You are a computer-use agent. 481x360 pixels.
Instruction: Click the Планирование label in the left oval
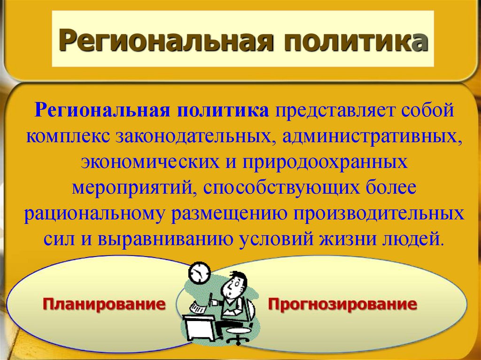point(105,304)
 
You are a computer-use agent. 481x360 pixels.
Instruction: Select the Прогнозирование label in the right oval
point(342,304)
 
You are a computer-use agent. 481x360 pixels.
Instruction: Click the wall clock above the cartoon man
point(200,273)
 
